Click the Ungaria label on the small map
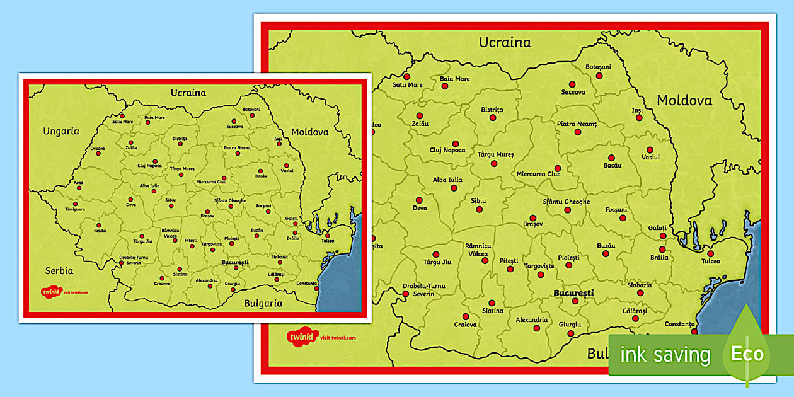pos(61,131)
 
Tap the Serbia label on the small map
pos(59,271)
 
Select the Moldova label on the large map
pos(684,100)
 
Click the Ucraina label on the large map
pos(505,43)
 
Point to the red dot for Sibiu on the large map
pos(479,209)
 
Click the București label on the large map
pos(573,293)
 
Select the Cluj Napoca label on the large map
pos(447,150)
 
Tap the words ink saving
pos(665,355)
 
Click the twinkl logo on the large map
pos(301,337)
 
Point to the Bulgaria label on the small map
pos(263,303)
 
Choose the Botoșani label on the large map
pos(598,67)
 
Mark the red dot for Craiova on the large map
pos(465,316)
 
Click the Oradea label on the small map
pos(98,149)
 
